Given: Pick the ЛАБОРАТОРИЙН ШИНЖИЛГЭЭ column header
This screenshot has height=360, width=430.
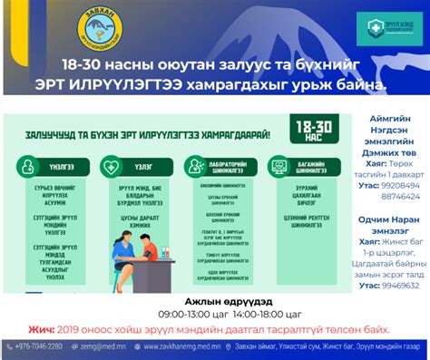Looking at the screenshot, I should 215,166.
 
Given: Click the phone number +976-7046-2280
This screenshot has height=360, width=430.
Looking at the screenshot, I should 39,346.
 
